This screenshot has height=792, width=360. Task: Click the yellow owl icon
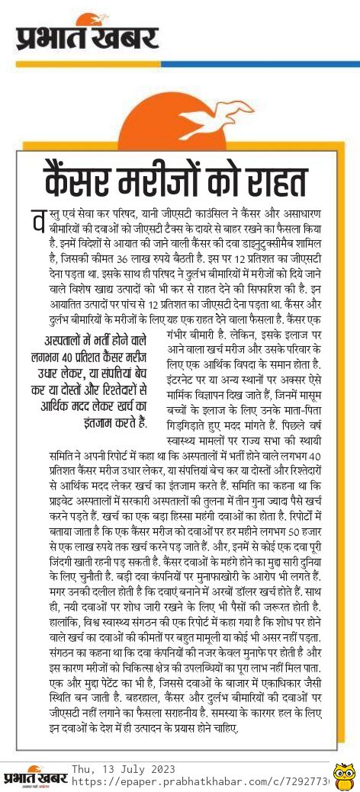(345, 778)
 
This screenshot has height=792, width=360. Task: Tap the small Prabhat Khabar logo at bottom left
(34, 777)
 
